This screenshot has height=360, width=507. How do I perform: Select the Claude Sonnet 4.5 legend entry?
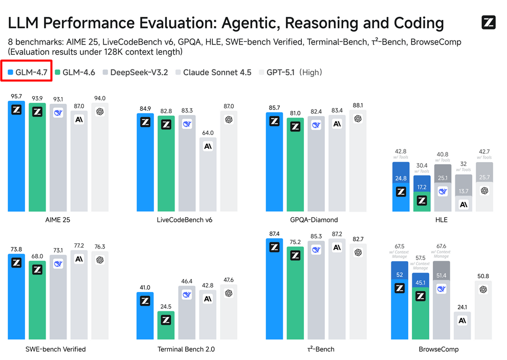tap(213, 73)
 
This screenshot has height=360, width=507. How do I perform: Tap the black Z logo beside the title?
tap(489, 22)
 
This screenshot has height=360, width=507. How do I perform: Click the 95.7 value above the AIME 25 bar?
tap(16, 96)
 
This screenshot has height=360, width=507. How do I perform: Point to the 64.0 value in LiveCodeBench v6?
tap(208, 133)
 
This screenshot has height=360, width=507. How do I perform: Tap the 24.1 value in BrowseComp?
tap(462, 308)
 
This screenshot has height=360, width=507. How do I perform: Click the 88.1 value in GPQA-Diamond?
tap(358, 106)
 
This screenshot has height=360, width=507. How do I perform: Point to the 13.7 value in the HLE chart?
tap(464, 191)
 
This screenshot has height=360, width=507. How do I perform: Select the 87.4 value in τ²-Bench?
tap(274, 234)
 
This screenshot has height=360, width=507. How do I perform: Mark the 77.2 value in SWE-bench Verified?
tap(79, 246)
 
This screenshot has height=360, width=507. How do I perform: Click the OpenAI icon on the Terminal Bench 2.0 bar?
tap(229, 292)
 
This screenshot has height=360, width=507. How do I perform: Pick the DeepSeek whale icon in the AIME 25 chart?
tap(58, 114)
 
